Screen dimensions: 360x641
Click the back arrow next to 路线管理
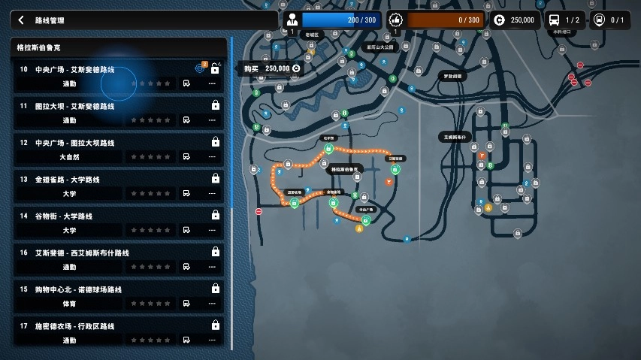(x=21, y=20)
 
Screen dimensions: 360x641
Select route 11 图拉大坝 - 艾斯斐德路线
(x=75, y=106)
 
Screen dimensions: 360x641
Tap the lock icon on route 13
(x=216, y=179)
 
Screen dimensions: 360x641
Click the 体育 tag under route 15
(x=69, y=304)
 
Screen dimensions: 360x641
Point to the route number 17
(x=24, y=326)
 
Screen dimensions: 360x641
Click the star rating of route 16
(x=151, y=267)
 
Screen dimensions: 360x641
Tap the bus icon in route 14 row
(x=186, y=230)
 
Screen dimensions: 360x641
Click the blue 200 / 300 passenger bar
(x=342, y=20)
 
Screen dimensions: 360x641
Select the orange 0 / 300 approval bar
(x=446, y=20)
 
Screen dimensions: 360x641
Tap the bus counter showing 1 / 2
(x=564, y=20)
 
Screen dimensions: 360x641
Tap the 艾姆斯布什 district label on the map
(x=454, y=137)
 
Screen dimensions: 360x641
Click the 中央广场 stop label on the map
(x=366, y=210)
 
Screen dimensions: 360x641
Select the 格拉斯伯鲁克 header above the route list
(x=44, y=47)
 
